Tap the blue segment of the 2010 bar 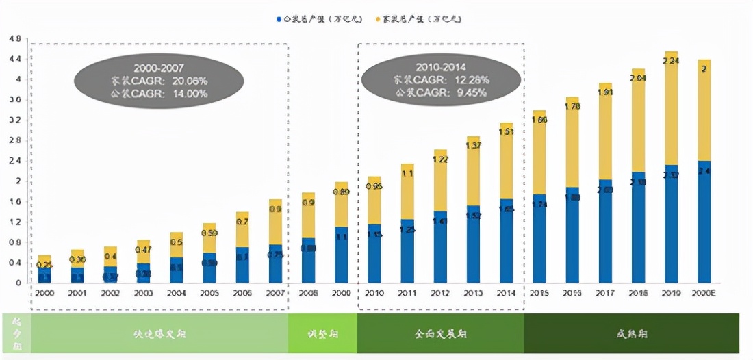(374, 253)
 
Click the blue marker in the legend (279, 18)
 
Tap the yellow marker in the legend (381, 18)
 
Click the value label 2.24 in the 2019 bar (672, 61)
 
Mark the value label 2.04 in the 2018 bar (638, 78)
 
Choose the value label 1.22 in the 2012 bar (440, 159)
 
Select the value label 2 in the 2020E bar (704, 69)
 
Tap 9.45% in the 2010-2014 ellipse (470, 92)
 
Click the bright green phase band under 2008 (322, 334)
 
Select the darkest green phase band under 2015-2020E (631, 334)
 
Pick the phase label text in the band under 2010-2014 (439, 335)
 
